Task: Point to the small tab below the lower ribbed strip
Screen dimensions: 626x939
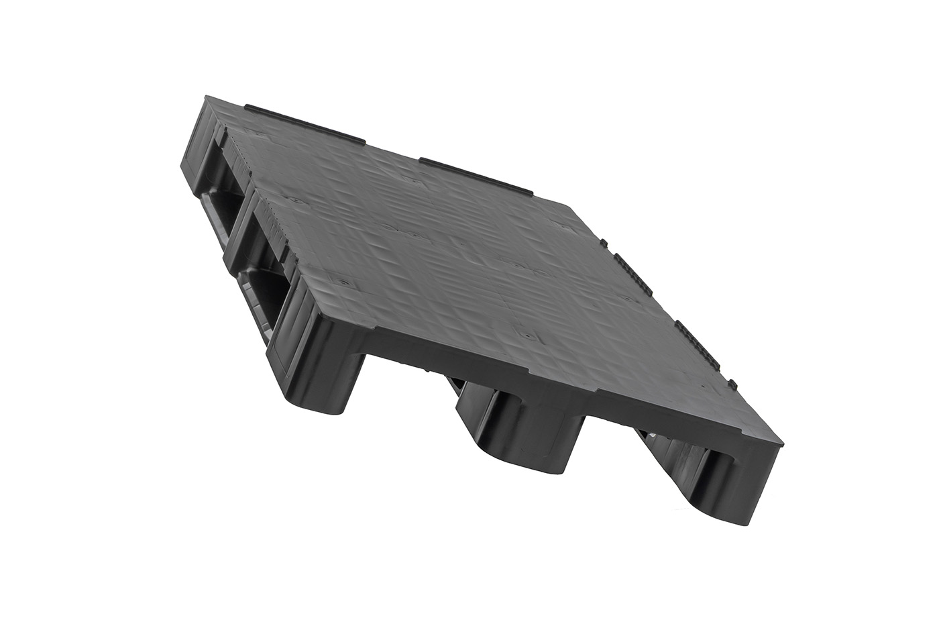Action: coord(734,384)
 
